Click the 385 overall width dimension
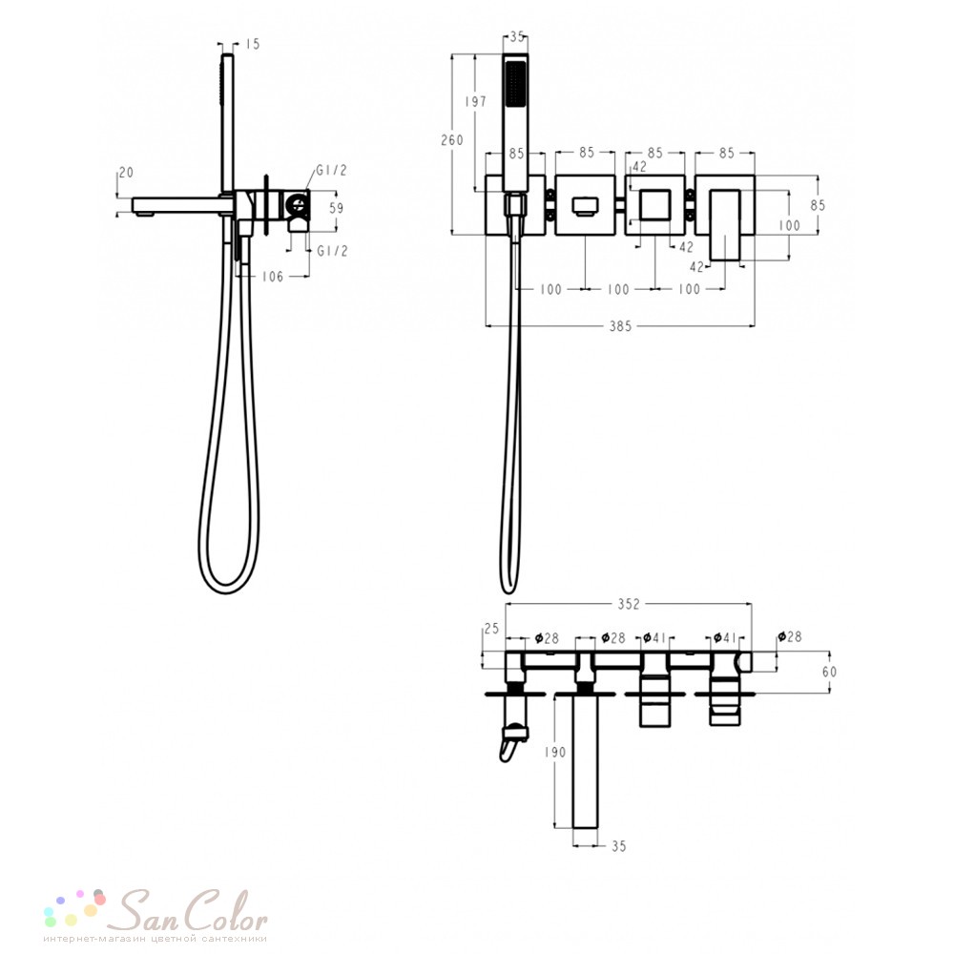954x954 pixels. tap(621, 326)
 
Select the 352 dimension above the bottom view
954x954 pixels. tap(629, 604)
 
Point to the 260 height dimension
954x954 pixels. tap(452, 140)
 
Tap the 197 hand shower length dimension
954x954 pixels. tap(475, 102)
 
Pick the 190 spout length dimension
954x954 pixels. tap(555, 752)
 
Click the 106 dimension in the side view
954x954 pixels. tap(273, 277)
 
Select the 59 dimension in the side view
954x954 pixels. tap(336, 208)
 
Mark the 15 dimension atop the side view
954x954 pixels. tap(253, 44)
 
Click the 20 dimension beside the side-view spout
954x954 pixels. tap(126, 172)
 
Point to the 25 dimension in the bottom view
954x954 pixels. tap(491, 628)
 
